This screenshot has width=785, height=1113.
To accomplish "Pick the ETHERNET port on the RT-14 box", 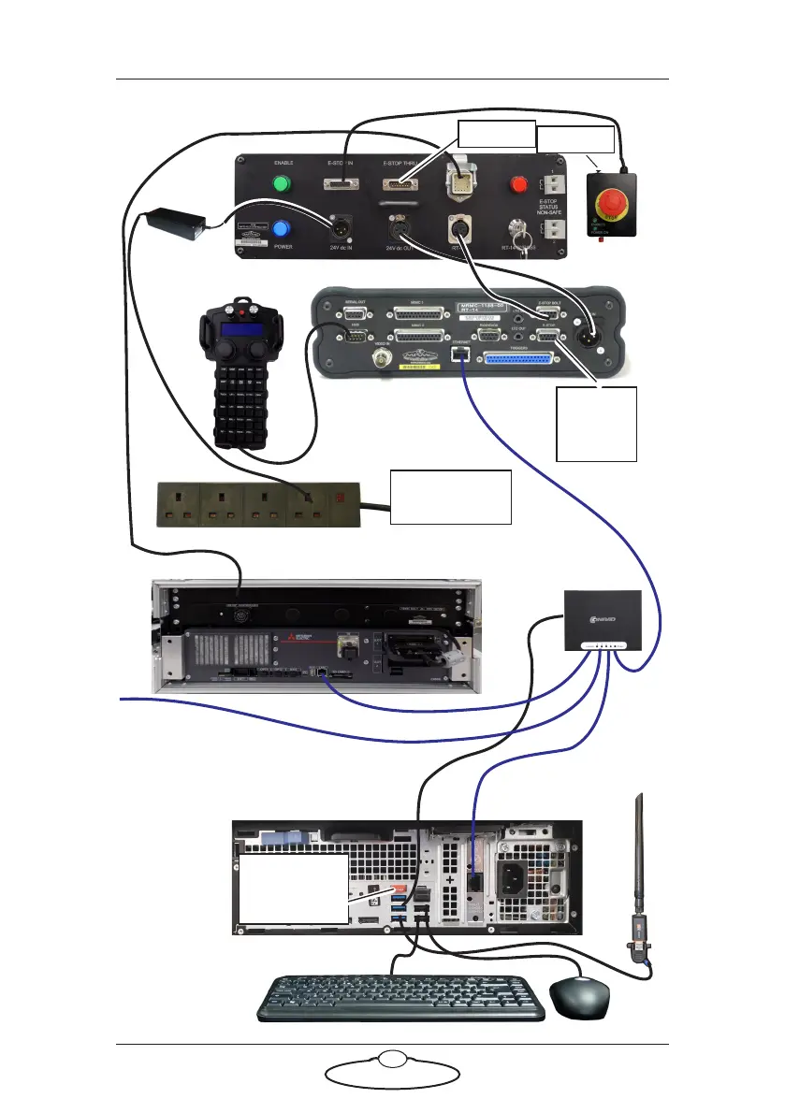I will [462, 356].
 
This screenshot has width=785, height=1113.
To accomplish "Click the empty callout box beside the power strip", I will [450, 497].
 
